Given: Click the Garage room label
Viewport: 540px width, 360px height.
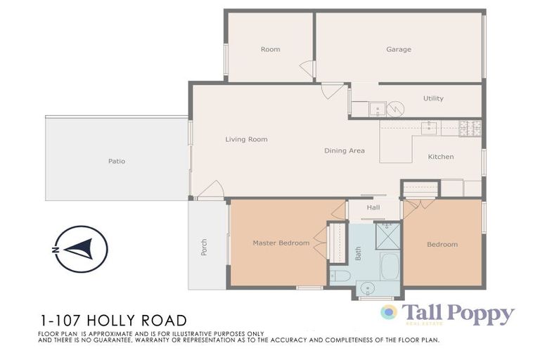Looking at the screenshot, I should [398, 50].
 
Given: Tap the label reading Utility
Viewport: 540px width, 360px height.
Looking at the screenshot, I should [433, 98].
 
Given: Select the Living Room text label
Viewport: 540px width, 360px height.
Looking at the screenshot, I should [246, 139].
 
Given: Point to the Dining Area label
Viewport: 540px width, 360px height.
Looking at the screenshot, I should [344, 150].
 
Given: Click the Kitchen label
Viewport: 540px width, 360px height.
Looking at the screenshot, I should [441, 157].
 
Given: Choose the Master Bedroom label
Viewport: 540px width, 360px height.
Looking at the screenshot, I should [281, 243].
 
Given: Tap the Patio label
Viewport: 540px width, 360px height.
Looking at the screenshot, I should [117, 161].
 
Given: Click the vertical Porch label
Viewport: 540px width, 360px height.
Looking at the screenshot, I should [205, 247].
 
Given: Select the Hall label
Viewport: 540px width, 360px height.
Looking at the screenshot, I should [373, 207].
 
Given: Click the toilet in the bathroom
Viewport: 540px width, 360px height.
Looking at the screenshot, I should [340, 276].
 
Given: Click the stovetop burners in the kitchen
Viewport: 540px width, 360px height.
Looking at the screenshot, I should [470, 128].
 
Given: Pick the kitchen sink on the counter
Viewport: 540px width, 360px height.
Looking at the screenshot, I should [429, 128].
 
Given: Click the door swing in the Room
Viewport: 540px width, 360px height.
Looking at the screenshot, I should [307, 69].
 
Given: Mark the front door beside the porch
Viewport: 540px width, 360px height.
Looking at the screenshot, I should [210, 191].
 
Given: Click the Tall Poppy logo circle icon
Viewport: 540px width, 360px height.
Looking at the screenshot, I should [389, 312].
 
